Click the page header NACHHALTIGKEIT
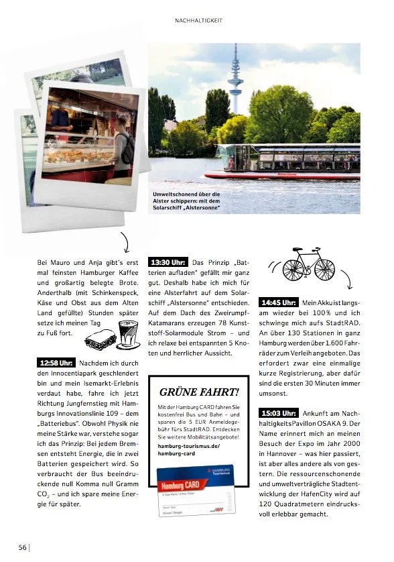[198, 21]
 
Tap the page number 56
[22, 547]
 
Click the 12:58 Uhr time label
[56, 363]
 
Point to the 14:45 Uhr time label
[278, 302]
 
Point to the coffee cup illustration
[125, 330]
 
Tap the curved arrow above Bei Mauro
[125, 240]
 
